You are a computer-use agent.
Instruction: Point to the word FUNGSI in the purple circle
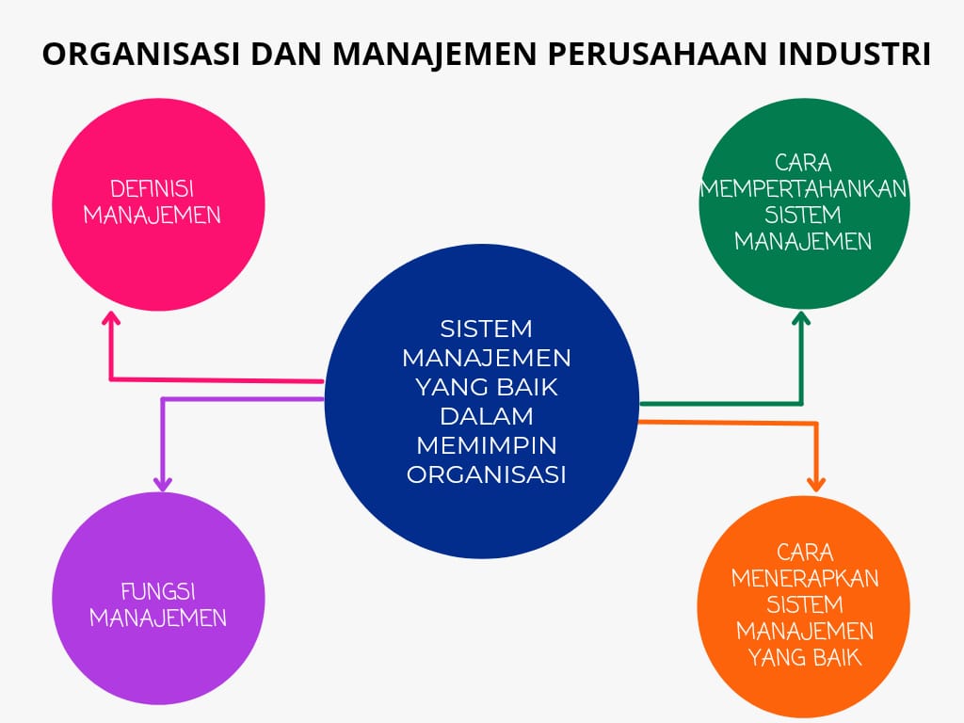coord(157,592)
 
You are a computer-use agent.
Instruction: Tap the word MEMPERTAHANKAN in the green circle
coord(803,187)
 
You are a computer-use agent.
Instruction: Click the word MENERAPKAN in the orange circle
coord(805,577)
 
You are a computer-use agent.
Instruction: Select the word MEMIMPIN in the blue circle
coord(487,444)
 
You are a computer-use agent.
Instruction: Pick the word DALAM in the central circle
coord(487,415)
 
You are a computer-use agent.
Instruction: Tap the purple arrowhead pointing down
coord(163,483)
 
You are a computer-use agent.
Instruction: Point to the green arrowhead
coord(801,319)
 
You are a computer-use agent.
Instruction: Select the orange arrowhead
coord(816,483)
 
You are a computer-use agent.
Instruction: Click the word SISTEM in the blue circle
coord(487,329)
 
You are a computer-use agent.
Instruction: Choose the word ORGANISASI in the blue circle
coord(487,474)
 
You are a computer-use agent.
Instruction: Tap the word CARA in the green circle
coord(803,162)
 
